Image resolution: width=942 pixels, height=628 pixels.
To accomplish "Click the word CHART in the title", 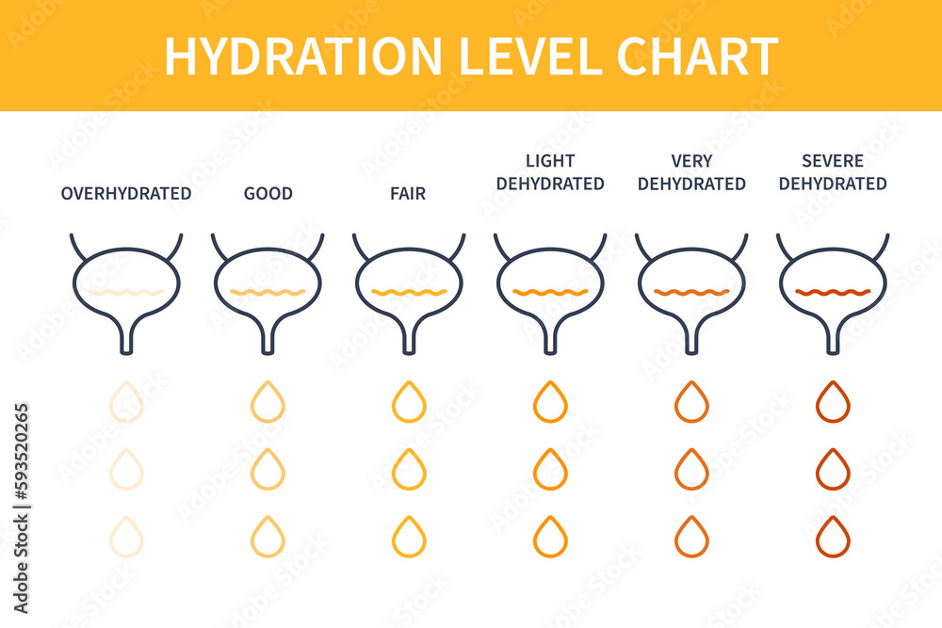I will click(698, 56).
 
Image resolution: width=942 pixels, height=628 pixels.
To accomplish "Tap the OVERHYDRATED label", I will click(126, 194).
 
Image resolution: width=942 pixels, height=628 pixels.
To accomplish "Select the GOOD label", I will click(268, 194).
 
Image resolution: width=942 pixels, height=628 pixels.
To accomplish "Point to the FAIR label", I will click(408, 194).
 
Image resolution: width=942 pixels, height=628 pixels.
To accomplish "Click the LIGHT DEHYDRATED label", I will click(550, 172).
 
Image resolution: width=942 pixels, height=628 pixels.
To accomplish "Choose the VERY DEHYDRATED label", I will click(691, 172).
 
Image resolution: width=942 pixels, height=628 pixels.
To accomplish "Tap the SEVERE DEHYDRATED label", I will click(833, 172).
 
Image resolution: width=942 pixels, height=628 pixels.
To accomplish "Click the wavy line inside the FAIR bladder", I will click(409, 293).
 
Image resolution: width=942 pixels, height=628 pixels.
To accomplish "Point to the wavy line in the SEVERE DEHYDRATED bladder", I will click(833, 293).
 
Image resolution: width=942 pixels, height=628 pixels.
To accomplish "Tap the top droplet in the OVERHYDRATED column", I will click(126, 402).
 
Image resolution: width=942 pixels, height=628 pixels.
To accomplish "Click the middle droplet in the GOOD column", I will click(268, 469).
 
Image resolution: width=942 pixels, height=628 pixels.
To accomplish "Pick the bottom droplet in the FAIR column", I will click(409, 537).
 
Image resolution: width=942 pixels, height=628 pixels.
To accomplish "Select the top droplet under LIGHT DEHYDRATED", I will click(550, 402).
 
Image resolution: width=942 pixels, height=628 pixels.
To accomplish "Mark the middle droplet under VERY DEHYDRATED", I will click(691, 469).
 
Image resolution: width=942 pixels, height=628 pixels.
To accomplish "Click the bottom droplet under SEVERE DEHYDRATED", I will click(833, 537).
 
